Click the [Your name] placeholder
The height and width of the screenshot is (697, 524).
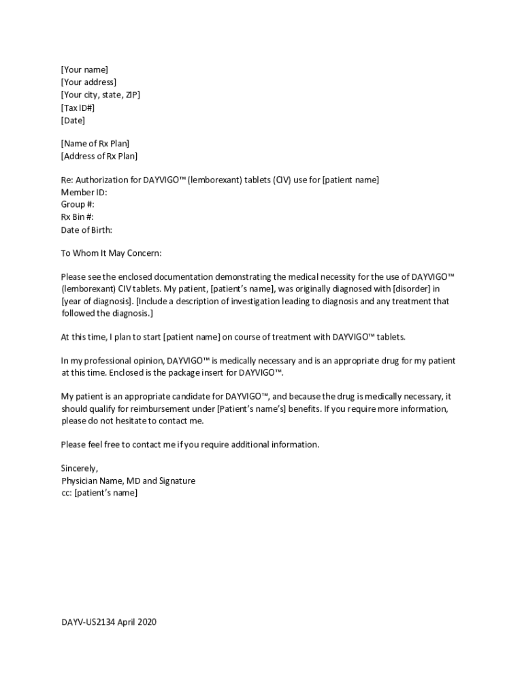pos(84,69)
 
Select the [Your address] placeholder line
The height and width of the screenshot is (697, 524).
pos(88,82)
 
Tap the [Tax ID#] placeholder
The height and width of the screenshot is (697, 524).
pos(78,108)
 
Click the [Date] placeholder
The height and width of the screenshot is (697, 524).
pos(73,120)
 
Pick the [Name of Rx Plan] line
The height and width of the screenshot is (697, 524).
pos(95,144)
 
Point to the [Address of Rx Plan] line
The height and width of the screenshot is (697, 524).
pos(99,156)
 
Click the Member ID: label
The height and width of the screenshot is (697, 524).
pos(84,192)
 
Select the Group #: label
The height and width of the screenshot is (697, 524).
pos(78,204)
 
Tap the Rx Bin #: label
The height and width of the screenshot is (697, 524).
pos(78,217)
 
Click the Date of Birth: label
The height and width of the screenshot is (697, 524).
pos(86,230)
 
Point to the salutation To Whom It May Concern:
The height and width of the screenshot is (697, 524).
pos(112,253)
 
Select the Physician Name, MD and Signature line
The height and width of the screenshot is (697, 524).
pos(128,481)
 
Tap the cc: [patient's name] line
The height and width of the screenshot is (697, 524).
pos(99,493)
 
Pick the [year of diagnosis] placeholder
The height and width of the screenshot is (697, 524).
pos(97,301)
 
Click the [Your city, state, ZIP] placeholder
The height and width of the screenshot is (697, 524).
pos(101,95)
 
